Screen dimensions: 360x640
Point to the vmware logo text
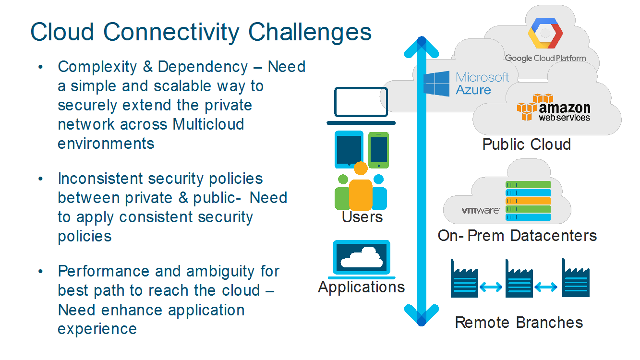481,210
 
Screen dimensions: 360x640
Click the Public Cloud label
526,144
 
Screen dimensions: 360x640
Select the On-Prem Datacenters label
517,236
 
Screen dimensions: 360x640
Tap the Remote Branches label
519,322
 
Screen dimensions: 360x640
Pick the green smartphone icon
378,150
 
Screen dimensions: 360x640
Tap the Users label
362,217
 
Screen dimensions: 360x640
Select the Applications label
361,287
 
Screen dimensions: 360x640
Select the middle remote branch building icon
519,278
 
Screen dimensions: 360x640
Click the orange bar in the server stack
528,201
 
